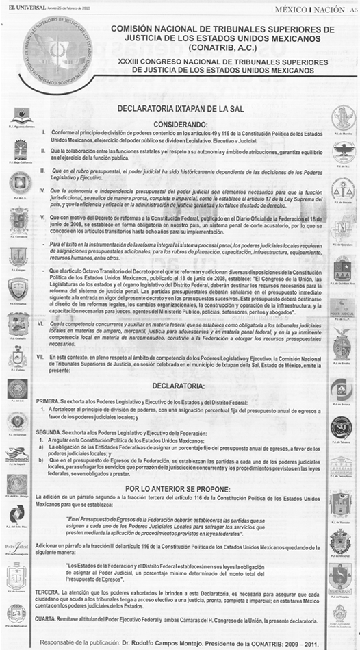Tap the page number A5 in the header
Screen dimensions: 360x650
click(x=351, y=8)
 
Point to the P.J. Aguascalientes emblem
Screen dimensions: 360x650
click(x=18, y=116)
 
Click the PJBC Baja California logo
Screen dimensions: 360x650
click(x=18, y=149)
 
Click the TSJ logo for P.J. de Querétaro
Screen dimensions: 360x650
click(x=342, y=228)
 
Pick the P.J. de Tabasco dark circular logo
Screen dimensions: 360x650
click(x=342, y=426)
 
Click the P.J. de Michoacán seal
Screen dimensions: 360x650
click(x=18, y=614)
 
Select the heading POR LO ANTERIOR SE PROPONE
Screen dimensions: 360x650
click(x=179, y=449)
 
